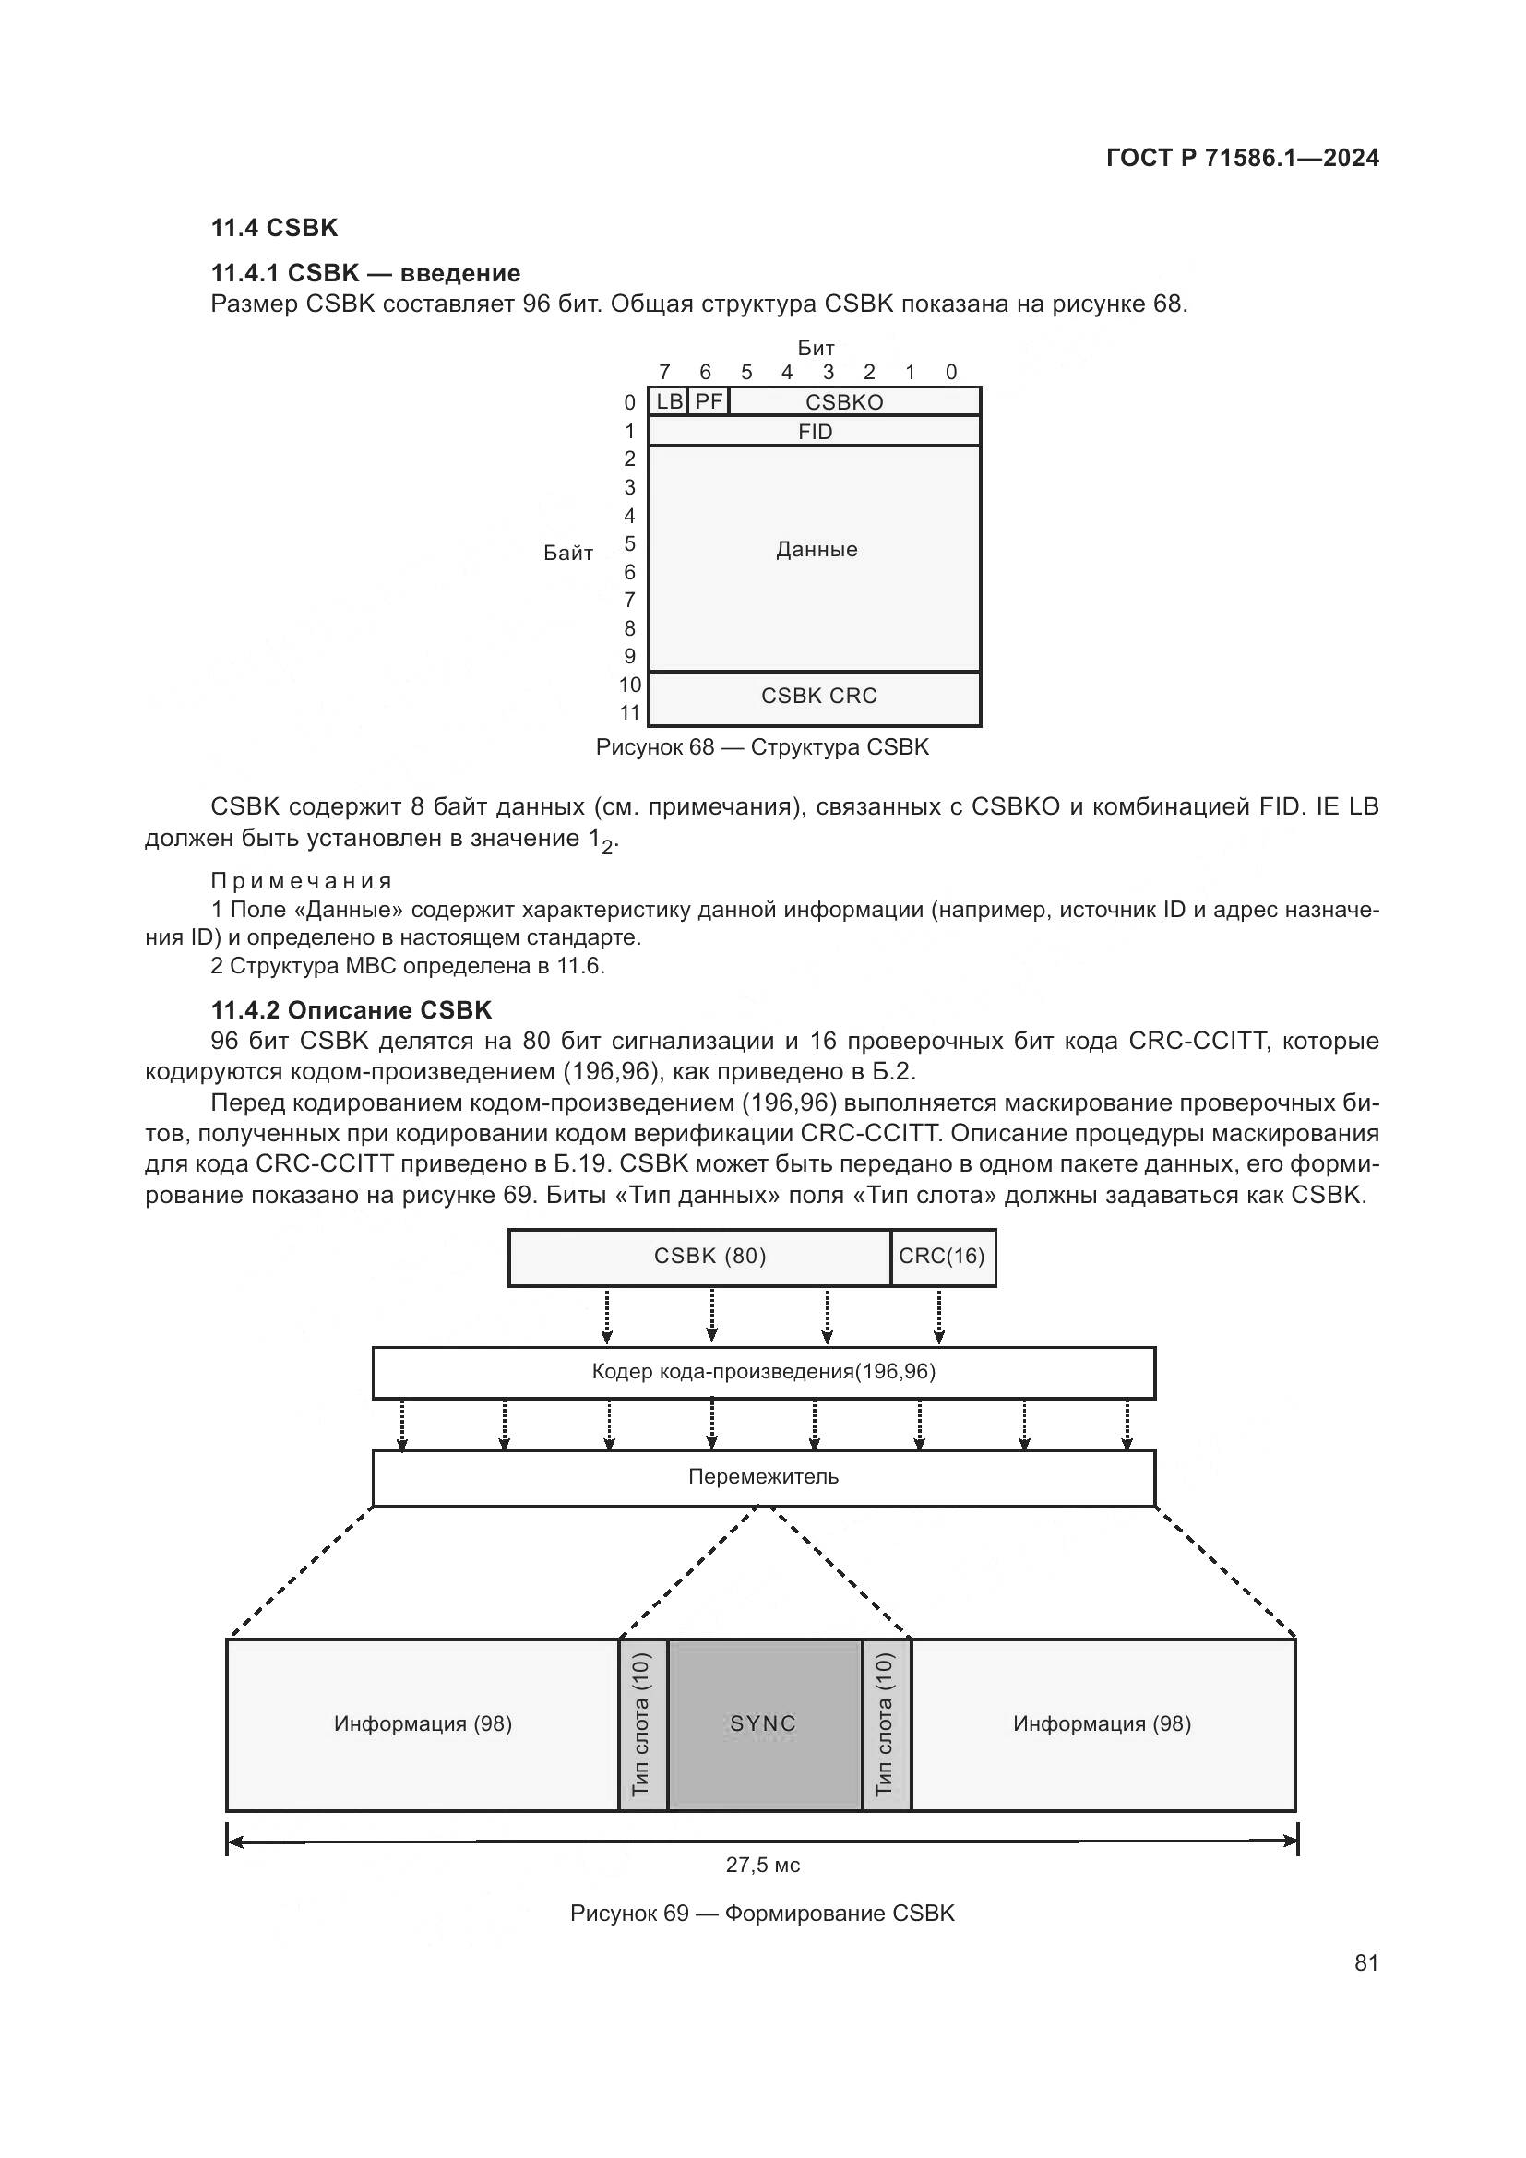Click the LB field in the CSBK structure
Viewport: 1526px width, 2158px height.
tap(669, 402)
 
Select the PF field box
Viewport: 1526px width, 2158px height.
tap(709, 402)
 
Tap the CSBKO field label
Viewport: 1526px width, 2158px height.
tap(844, 402)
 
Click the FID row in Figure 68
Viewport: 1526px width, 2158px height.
tap(815, 432)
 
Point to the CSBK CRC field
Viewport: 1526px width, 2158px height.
tap(817, 696)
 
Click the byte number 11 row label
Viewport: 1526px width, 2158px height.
tap(629, 712)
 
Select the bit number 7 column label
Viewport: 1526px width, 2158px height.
tap(664, 372)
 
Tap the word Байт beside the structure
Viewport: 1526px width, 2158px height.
tap(567, 553)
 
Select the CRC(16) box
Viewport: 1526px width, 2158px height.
tap(942, 1257)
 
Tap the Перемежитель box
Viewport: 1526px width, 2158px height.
tap(763, 1476)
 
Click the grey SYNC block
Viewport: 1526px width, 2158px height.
tap(764, 1723)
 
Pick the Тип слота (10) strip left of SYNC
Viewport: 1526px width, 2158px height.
tap(643, 1723)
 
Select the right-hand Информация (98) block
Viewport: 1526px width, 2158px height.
tap(1103, 1723)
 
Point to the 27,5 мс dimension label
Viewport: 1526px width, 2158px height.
tap(762, 1865)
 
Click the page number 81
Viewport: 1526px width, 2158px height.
tap(1366, 1962)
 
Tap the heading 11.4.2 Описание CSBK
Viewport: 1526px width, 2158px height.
tap(352, 1010)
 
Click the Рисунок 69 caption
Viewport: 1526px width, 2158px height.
tap(762, 1914)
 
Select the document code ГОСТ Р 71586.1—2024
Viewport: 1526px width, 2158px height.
tap(1242, 158)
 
